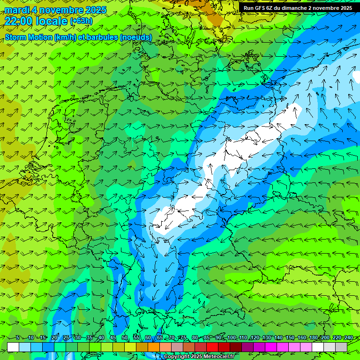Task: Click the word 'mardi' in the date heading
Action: (16, 10)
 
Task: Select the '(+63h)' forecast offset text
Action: (81, 21)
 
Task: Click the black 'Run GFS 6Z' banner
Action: (298, 8)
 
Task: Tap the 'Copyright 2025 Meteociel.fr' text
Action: (198, 357)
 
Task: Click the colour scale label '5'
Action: (18, 338)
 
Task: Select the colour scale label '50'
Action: (124, 338)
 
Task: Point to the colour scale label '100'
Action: (231, 338)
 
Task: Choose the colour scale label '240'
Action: (348, 338)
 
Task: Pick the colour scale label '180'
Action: (313, 338)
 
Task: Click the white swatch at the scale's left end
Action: (13, 347)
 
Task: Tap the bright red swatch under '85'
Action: (212, 347)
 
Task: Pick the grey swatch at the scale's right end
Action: (341, 347)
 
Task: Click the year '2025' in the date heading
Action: (93, 10)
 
